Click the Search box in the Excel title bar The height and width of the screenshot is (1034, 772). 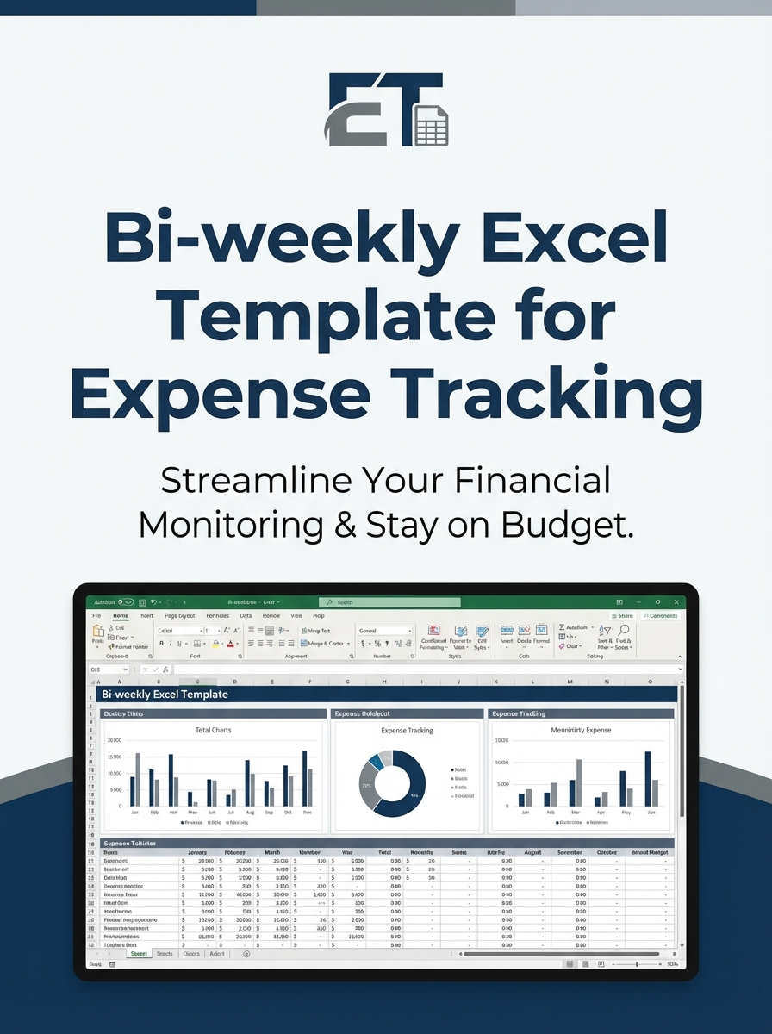[389, 602]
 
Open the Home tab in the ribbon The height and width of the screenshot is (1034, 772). [121, 616]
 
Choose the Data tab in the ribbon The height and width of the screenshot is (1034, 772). [246, 616]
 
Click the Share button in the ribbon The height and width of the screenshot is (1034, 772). [622, 616]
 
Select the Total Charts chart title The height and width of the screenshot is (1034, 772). [213, 730]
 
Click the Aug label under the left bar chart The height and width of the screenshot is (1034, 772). [249, 812]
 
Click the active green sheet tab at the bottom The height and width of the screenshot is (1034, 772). [138, 954]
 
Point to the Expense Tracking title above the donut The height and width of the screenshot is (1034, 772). [407, 730]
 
